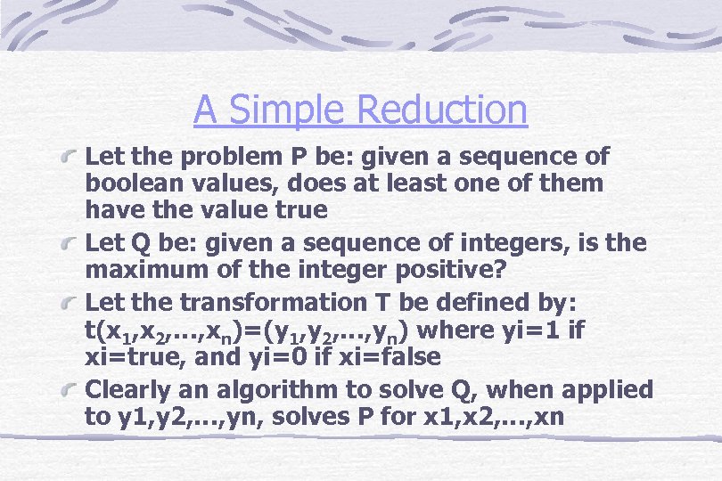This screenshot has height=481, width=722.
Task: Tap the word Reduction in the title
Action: click(x=441, y=110)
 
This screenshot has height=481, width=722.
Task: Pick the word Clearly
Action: click(x=128, y=390)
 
